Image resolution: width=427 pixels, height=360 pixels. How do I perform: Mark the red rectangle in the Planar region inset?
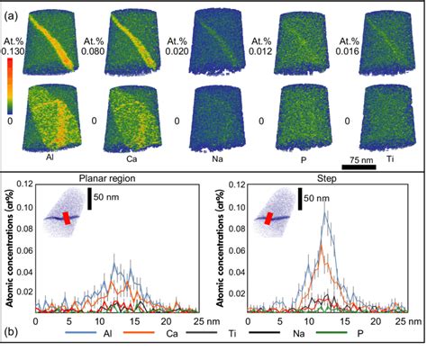coord(59,217)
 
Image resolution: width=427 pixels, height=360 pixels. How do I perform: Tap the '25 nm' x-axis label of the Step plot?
coord(402,319)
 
